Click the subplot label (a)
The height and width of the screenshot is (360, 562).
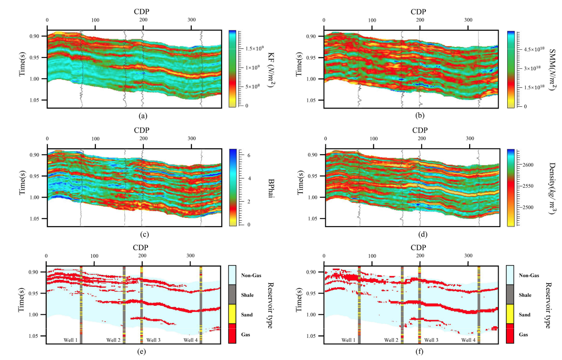click(143, 116)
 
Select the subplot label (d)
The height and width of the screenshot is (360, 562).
click(420, 234)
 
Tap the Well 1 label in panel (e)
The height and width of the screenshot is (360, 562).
click(70, 340)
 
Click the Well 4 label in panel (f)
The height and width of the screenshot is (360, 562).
click(469, 340)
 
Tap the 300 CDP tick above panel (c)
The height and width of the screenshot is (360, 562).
click(143, 139)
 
